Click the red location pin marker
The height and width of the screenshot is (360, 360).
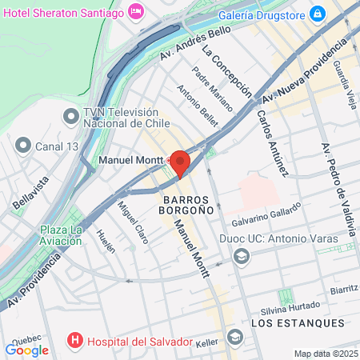(180, 162)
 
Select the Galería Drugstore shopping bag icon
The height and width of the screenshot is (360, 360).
(318, 13)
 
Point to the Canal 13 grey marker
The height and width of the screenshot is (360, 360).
(22, 146)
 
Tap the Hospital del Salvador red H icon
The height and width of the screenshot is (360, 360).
(76, 342)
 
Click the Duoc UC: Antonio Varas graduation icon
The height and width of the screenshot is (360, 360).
(240, 256)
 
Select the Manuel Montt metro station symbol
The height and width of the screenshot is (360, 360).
(158, 160)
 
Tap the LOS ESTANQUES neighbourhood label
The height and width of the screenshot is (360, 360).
(298, 323)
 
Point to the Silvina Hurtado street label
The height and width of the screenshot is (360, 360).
(291, 307)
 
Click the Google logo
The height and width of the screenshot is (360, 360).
(26, 350)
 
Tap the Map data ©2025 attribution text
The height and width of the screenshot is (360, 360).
(326, 354)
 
